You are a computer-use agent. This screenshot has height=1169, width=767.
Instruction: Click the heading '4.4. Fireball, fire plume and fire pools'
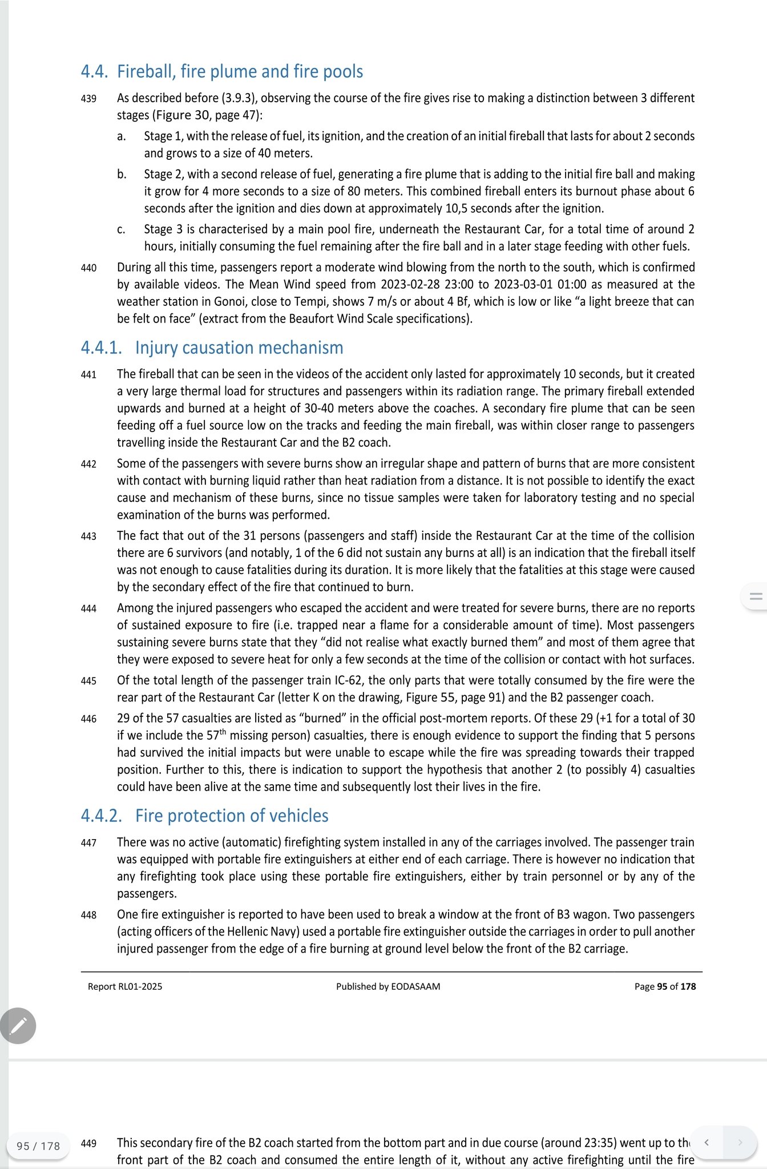click(222, 72)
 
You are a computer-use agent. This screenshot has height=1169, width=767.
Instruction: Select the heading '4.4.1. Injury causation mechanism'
click(212, 348)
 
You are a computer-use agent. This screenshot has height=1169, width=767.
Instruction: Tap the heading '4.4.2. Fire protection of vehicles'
click(204, 816)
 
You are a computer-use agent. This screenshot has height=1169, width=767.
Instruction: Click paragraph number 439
click(88, 99)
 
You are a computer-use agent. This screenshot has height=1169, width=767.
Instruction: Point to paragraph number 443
click(88, 536)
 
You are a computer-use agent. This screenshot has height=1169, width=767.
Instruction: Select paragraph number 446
click(88, 719)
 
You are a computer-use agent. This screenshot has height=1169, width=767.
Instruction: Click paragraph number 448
click(88, 915)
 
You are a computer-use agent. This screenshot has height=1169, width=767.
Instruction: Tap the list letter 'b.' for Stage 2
click(122, 174)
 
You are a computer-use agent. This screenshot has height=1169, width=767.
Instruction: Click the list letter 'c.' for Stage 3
click(121, 229)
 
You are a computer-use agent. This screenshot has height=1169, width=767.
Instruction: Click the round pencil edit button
click(18, 1026)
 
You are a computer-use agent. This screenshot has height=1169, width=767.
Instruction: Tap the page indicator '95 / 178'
click(38, 1146)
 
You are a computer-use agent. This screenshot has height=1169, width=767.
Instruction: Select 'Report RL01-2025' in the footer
click(125, 986)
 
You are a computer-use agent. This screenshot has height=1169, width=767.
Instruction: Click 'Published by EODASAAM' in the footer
click(388, 986)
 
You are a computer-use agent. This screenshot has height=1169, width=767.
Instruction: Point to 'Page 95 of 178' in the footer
click(665, 986)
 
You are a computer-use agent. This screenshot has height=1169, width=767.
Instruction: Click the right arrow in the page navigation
click(740, 1142)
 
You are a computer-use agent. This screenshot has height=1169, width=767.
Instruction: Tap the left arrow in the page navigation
click(707, 1142)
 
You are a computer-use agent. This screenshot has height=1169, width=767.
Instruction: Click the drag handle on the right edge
click(756, 596)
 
